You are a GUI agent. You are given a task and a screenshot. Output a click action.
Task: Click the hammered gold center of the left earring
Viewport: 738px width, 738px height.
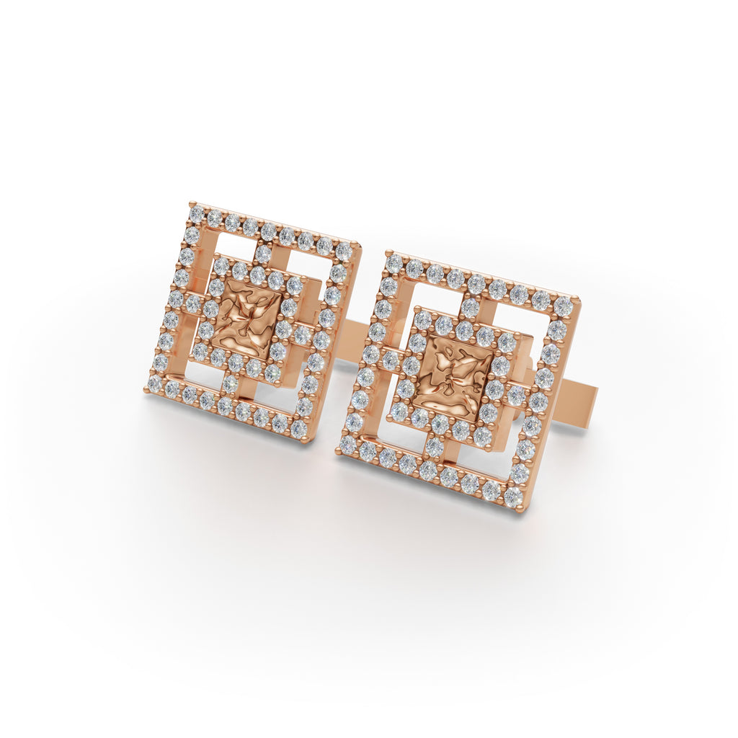[248, 319]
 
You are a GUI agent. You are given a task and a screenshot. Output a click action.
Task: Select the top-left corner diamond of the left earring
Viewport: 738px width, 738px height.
[196, 214]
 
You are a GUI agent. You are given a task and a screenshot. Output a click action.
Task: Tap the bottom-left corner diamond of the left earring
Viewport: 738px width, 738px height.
[155, 383]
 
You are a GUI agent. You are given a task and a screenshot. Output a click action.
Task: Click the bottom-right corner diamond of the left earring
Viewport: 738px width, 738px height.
[298, 430]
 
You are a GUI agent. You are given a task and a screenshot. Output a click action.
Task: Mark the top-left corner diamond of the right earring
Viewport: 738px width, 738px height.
[394, 263]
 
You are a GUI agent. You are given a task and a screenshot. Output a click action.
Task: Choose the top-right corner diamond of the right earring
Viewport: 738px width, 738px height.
[564, 306]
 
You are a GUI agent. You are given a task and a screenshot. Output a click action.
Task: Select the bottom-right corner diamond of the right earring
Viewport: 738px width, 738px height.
[513, 497]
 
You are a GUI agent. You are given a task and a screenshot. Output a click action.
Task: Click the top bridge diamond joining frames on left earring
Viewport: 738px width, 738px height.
[264, 253]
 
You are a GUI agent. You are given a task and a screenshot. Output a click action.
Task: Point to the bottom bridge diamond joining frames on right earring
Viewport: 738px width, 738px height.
[435, 447]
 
